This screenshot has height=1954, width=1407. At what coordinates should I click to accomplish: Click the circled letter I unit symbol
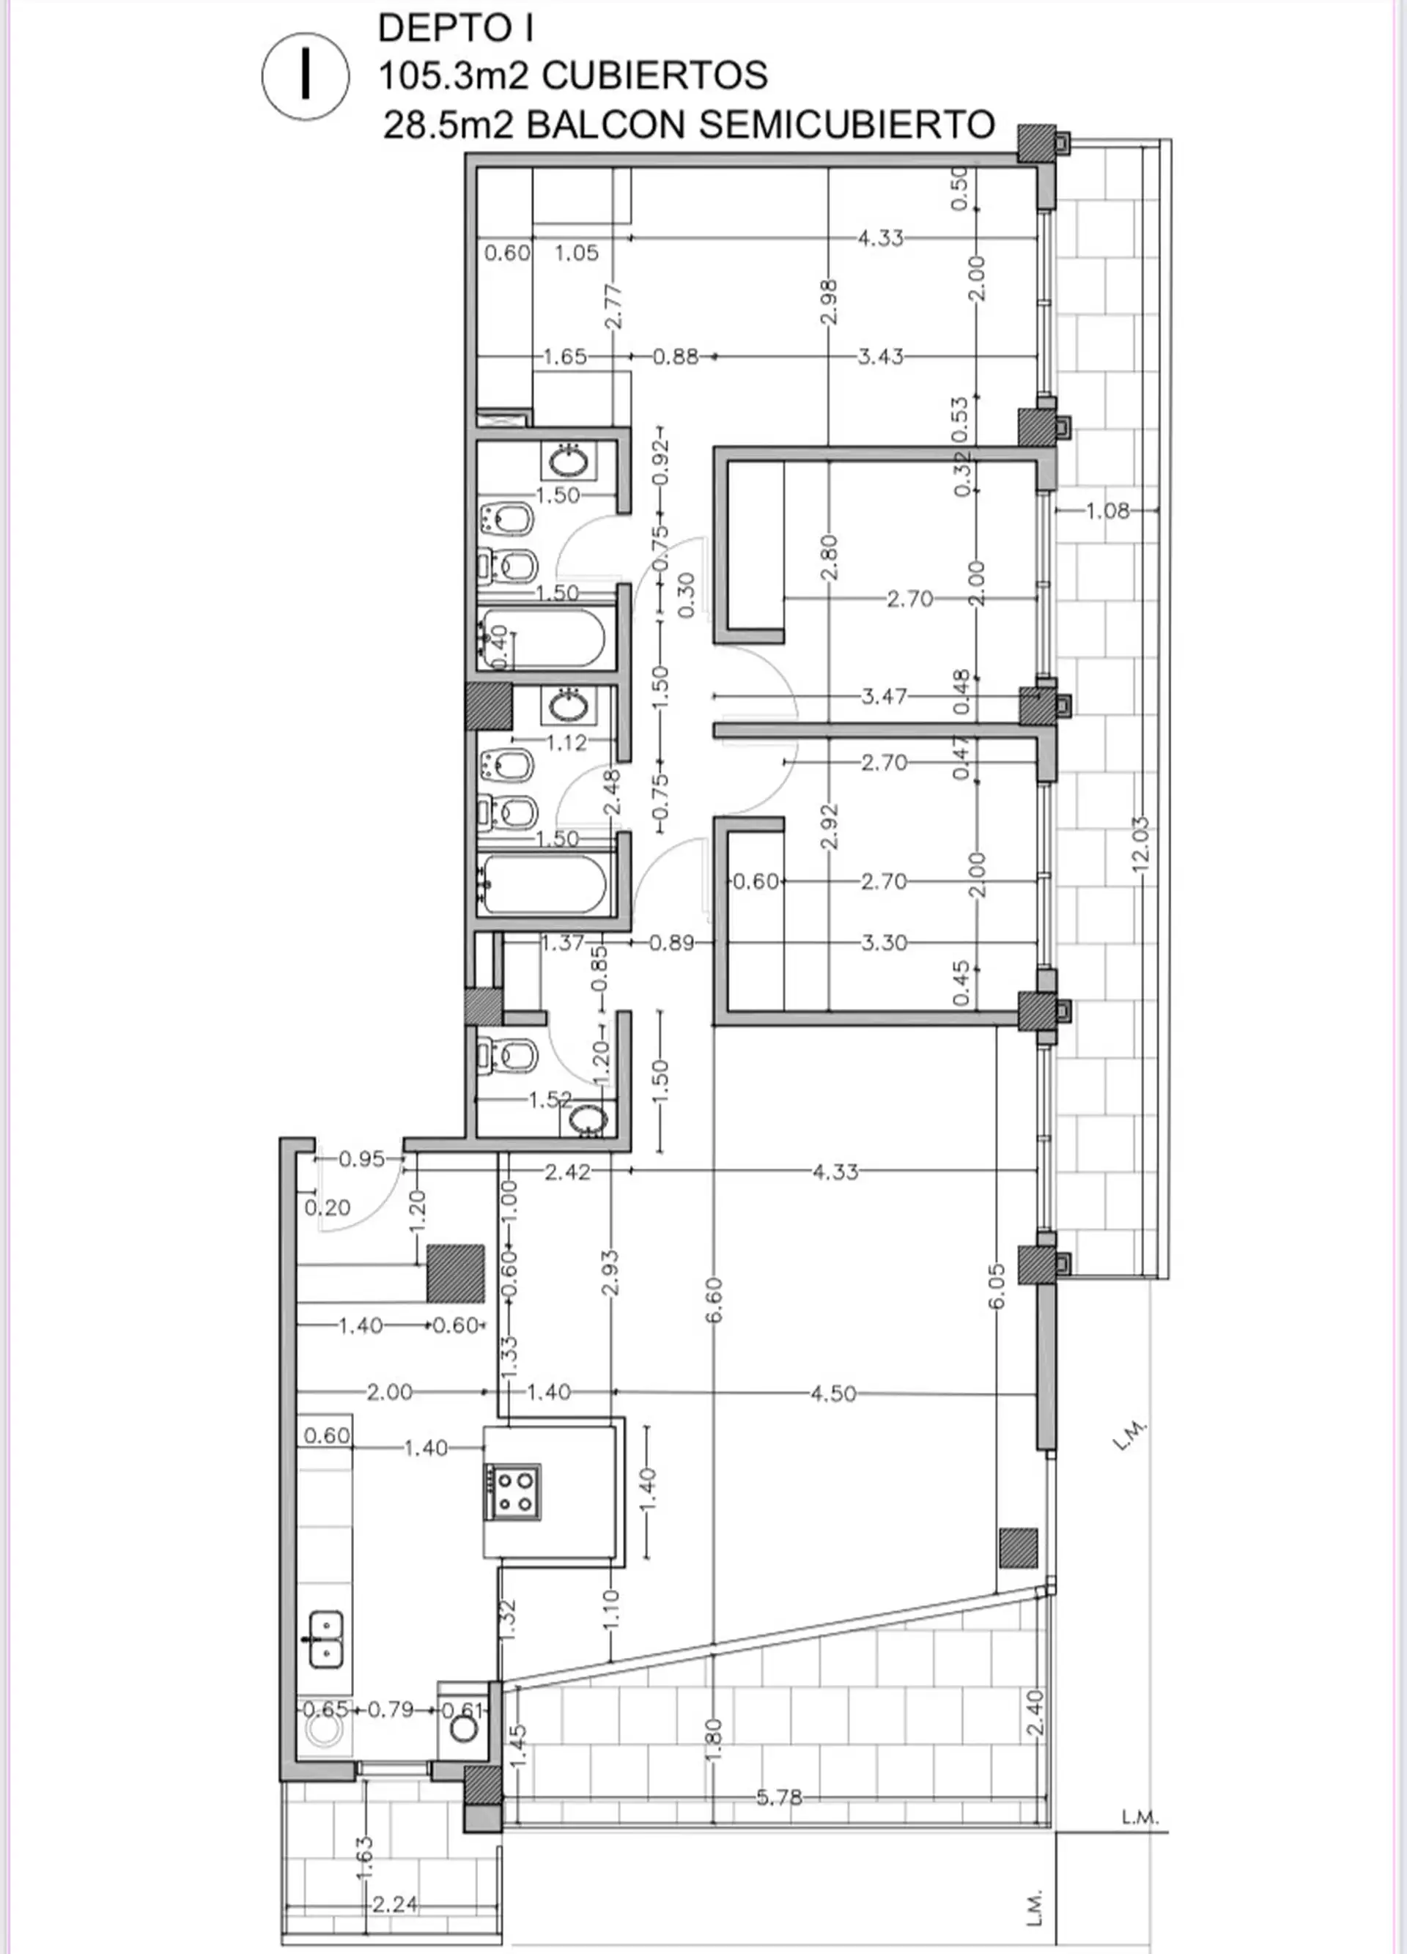point(306,75)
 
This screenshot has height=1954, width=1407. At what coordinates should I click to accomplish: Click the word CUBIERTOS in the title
point(656,75)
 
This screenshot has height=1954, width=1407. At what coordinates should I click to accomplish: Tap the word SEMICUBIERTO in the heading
point(847,125)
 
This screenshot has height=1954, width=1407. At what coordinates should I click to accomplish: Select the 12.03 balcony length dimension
point(1141,844)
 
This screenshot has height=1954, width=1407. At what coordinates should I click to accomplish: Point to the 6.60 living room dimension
point(714,1300)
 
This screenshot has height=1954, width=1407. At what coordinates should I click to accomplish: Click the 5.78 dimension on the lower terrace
point(779,1797)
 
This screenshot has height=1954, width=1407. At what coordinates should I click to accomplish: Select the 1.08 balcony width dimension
point(1107,511)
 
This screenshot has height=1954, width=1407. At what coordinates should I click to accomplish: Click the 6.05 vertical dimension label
point(996,1287)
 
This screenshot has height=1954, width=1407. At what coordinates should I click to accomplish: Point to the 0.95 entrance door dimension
point(362,1159)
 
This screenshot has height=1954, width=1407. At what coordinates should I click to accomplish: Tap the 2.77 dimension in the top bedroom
point(613,306)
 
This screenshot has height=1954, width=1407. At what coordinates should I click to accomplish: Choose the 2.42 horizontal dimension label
point(568,1172)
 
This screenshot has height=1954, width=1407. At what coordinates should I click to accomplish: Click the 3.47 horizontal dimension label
point(884,696)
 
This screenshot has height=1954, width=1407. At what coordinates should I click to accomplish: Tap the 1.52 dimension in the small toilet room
point(550,1099)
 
